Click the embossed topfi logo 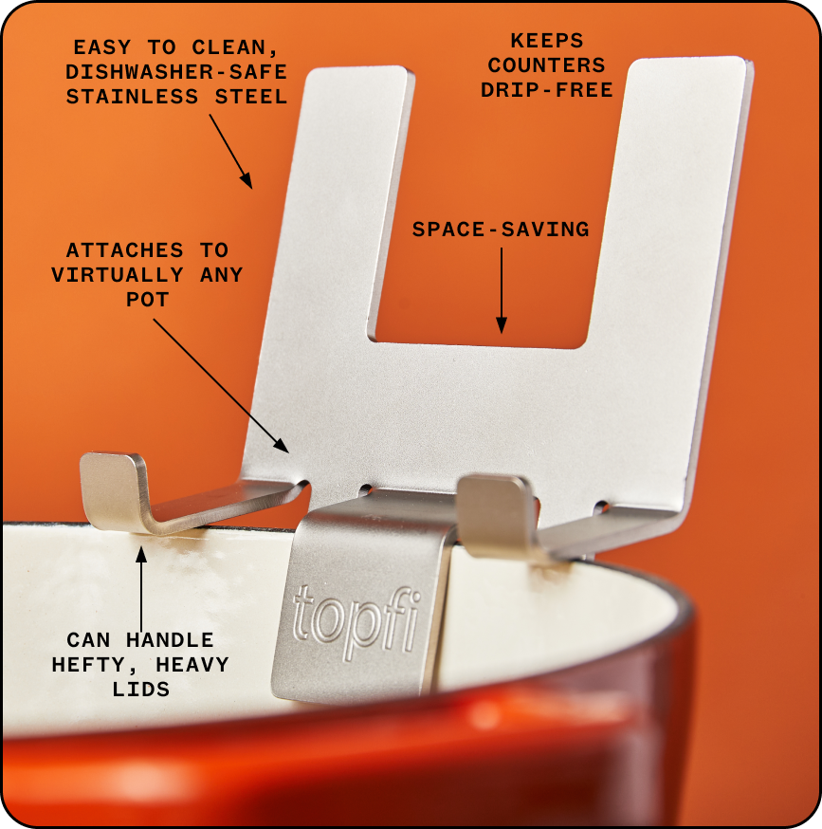point(356,621)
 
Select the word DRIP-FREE point(546,90)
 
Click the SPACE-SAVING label point(501,230)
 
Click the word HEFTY point(92,665)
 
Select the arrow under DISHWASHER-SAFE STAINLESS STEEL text point(230,151)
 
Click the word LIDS point(140,690)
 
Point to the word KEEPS point(547,42)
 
